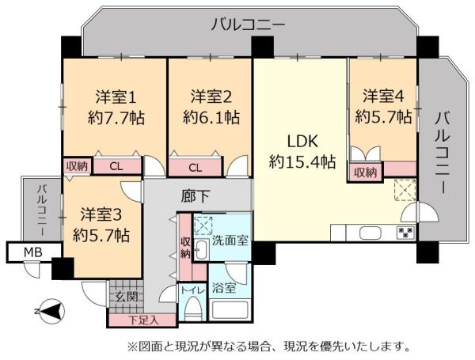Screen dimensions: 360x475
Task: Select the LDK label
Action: pyautogui.click(x=301, y=142)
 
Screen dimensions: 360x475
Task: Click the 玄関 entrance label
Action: pyautogui.click(x=125, y=297)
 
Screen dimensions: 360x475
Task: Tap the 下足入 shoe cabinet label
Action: pyautogui.click(x=143, y=320)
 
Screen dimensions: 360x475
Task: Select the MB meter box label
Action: pyautogui.click(x=32, y=252)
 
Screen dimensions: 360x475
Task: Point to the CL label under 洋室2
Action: pyautogui.click(x=196, y=167)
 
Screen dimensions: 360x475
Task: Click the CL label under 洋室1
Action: pyautogui.click(x=116, y=166)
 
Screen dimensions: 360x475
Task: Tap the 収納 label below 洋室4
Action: pyautogui.click(x=366, y=172)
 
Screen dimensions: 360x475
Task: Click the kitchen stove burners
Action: pyautogui.click(x=405, y=233)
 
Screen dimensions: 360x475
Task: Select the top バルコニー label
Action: pyautogui.click(x=248, y=25)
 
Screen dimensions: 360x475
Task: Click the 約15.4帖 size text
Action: pyautogui.click(x=302, y=162)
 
